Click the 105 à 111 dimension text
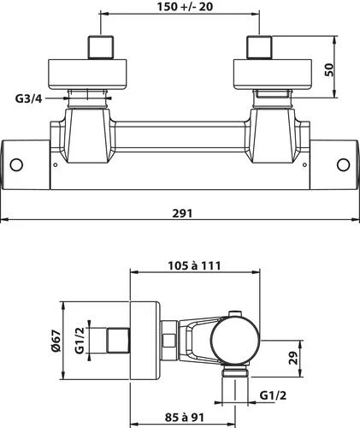tap(194, 265)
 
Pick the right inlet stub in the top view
tap(258, 47)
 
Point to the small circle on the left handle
tap(17, 164)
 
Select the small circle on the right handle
tap(343, 164)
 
